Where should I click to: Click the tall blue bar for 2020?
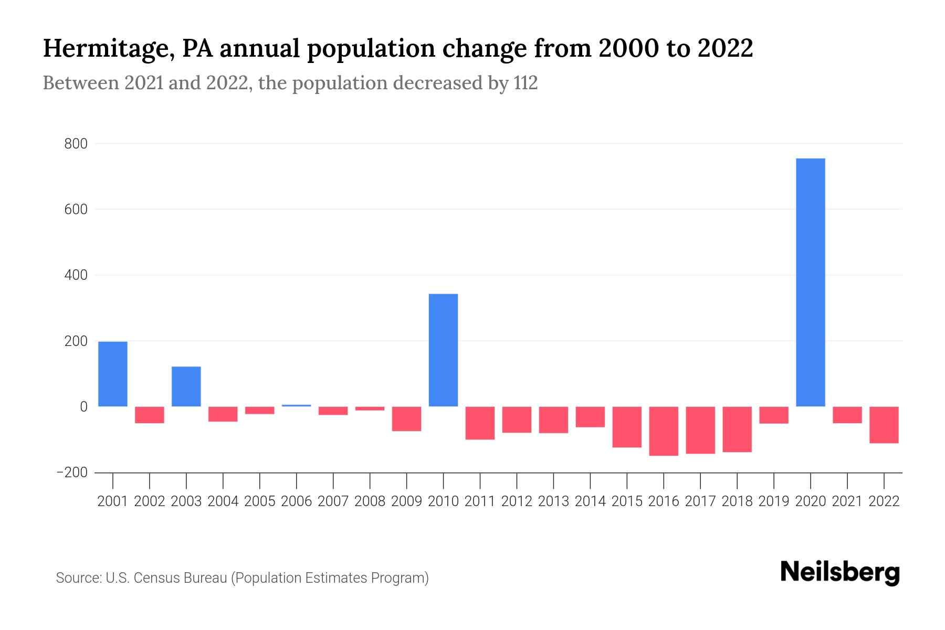(x=810, y=282)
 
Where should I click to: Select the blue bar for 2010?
(x=443, y=350)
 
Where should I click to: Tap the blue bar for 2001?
(x=113, y=374)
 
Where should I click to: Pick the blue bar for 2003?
(x=186, y=386)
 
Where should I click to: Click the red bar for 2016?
(x=664, y=431)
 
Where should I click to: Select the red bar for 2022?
(x=884, y=425)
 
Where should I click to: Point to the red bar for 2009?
(x=406, y=418)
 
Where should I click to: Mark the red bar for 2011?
(x=480, y=423)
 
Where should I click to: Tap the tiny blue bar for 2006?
(x=297, y=405)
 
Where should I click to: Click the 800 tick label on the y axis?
(x=76, y=144)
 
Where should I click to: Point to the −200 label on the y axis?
(x=71, y=472)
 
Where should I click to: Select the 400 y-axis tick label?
(x=76, y=275)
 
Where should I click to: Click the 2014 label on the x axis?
(x=590, y=501)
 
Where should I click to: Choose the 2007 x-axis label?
(x=333, y=501)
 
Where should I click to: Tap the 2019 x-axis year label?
(x=774, y=501)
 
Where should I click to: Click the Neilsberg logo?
(x=840, y=572)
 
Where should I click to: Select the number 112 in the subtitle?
(x=526, y=83)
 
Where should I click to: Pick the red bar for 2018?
(x=737, y=429)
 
